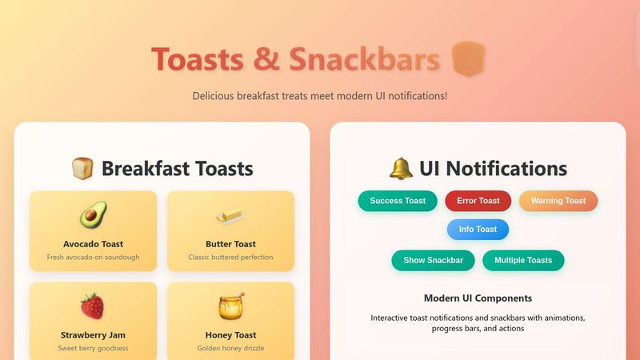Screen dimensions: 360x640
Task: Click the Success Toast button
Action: [398, 201]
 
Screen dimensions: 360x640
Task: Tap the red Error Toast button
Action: [478, 201]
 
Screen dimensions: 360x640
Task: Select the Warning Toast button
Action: [558, 201]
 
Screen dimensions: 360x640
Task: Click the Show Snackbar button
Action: [433, 260]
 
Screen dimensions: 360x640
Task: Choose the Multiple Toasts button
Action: [523, 260]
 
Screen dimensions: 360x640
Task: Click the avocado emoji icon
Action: [93, 214]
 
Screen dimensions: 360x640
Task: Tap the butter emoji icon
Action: [230, 214]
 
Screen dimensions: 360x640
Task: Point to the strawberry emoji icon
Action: [93, 306]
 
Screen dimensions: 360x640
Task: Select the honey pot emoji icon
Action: [230, 306]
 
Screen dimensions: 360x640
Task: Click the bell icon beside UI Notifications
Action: [401, 169]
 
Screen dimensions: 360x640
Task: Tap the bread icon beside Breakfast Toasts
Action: [83, 169]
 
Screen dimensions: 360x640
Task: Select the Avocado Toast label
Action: [93, 244]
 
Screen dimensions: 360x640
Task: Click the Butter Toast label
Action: [230, 244]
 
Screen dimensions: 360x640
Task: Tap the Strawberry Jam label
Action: [93, 335]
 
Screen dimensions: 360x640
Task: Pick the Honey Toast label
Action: [230, 335]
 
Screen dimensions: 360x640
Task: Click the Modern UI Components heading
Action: [478, 298]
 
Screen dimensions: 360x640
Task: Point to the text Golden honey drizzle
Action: [230, 349]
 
